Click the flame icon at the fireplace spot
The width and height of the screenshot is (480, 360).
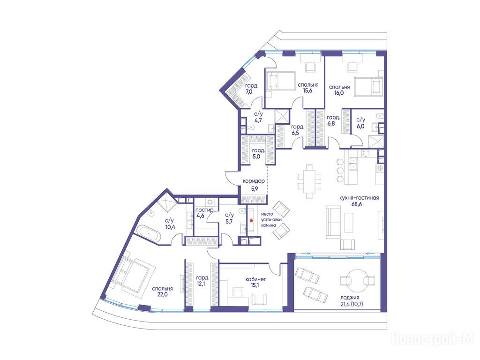tap(252, 220)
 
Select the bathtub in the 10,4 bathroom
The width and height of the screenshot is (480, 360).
tap(149, 233)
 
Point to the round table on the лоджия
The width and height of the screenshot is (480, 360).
tap(357, 281)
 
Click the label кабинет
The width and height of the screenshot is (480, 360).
tap(255, 279)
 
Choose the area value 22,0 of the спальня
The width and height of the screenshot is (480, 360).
tap(162, 295)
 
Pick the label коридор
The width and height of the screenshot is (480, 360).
tap(254, 181)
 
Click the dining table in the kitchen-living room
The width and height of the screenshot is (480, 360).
tap(309, 181)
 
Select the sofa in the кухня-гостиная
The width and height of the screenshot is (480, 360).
tap(333, 222)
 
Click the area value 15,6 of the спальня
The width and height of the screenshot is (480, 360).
tap(307, 90)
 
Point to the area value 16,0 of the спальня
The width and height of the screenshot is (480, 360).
tap(339, 93)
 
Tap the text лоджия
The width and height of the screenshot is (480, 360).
tap(349, 298)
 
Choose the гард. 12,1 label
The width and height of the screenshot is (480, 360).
tap(202, 281)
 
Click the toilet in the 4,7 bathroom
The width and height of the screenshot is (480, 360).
tap(249, 126)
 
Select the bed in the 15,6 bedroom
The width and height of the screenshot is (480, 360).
tap(280, 81)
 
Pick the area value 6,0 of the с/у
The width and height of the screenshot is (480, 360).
tap(360, 126)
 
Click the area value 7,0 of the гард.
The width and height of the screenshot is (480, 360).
tap(248, 91)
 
